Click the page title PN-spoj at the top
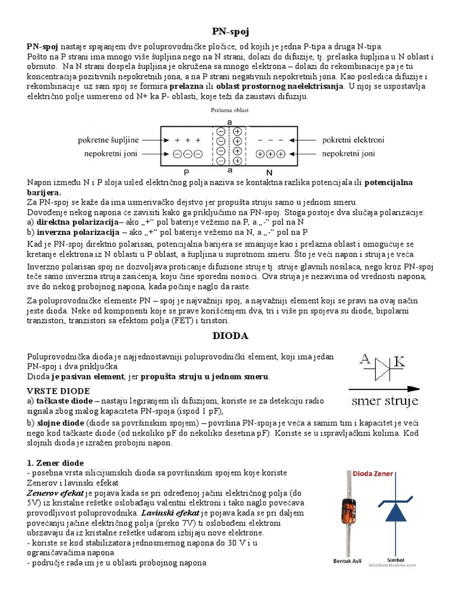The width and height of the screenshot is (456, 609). [x=229, y=32]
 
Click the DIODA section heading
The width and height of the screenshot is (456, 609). [x=229, y=336]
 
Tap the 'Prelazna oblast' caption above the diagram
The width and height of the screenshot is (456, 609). [x=229, y=110]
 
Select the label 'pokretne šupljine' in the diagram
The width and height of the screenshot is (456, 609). [x=107, y=140]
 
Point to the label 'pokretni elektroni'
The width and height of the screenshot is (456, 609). [x=353, y=140]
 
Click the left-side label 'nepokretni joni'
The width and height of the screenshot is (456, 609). [x=109, y=153]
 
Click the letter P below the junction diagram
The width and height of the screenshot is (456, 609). [x=186, y=171]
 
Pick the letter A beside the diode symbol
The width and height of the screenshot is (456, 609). [x=366, y=359]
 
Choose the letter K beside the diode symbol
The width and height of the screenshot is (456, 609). [x=400, y=360]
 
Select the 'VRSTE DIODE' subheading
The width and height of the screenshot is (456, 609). [x=58, y=391]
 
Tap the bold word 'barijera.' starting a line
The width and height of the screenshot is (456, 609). [x=44, y=193]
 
